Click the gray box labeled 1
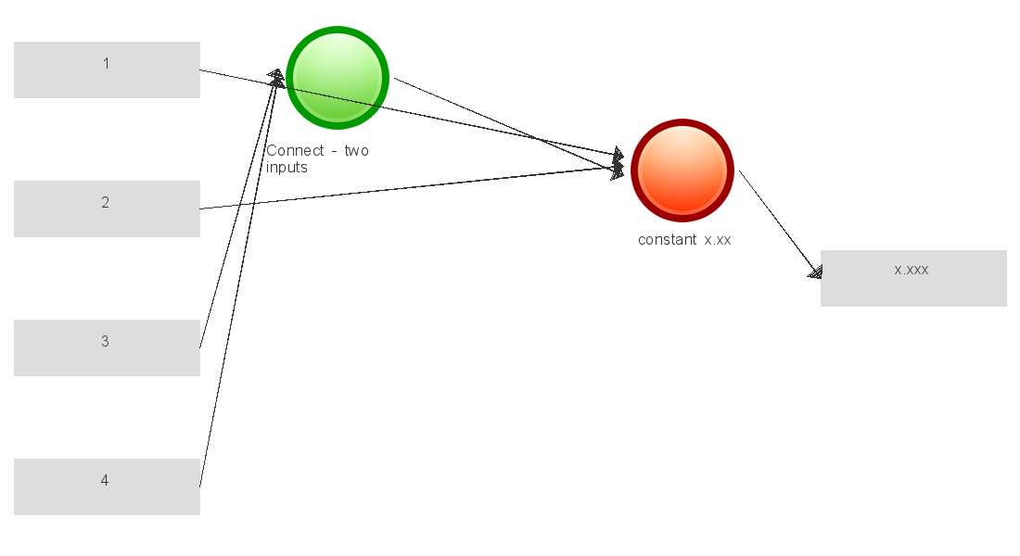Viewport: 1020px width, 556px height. (107, 69)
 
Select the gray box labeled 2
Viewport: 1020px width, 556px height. (107, 208)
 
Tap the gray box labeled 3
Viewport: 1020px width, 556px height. (107, 347)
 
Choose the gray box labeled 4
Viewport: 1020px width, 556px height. (107, 486)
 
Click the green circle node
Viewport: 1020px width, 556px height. (337, 77)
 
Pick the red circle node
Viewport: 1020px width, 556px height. (682, 170)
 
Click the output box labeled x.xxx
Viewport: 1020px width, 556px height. (913, 278)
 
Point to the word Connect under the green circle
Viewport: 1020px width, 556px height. (295, 151)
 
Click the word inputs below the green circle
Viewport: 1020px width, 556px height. (287, 168)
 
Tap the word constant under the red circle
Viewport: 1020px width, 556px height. (667, 240)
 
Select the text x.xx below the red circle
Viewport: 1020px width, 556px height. (718, 240)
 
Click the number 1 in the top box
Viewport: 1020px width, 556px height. (106, 63)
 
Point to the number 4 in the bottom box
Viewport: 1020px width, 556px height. (105, 480)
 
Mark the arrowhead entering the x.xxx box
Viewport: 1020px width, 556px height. (815, 272)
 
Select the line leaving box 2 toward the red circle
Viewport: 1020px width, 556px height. (408, 188)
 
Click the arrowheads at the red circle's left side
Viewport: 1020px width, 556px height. (618, 162)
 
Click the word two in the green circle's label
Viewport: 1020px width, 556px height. (356, 151)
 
